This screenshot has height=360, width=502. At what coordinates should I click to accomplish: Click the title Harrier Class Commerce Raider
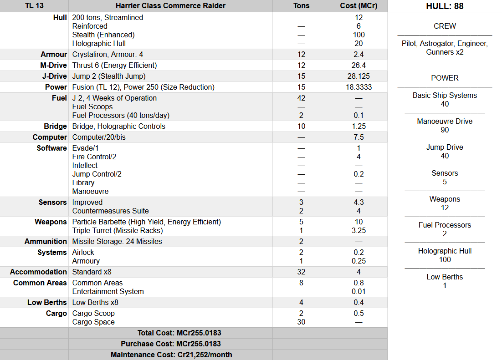pos(170,6)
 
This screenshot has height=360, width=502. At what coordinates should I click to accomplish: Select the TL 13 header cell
pos(34,6)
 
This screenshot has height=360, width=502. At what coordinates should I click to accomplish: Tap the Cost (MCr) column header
pos(359,6)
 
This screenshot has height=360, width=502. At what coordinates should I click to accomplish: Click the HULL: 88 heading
pos(445,6)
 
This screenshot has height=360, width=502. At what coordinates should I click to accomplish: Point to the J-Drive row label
pos(54,76)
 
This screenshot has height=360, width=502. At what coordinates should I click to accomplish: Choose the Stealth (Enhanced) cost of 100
pos(359,35)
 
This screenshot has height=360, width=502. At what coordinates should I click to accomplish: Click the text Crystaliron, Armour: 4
pos(108,54)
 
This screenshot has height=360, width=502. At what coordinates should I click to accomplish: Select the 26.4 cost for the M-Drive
pos(359,65)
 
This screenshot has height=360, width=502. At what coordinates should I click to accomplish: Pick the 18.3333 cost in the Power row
pos(359,87)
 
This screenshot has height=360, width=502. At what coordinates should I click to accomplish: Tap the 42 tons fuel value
pos(301,98)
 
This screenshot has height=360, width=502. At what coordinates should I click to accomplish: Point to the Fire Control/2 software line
pos(94,157)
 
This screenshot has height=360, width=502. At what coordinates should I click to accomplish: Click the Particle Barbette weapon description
pos(146,222)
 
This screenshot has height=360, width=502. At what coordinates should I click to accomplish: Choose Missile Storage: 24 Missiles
pos(117,241)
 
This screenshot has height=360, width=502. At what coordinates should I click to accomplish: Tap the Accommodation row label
pos(39,272)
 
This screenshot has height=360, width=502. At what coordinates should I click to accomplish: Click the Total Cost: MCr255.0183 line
pos(170,333)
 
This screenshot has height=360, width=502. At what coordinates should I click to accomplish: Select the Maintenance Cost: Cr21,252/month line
pos(170,355)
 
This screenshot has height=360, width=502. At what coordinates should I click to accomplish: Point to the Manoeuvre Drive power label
pos(445,121)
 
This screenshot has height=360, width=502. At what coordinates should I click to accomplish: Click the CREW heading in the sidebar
pos(445,26)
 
